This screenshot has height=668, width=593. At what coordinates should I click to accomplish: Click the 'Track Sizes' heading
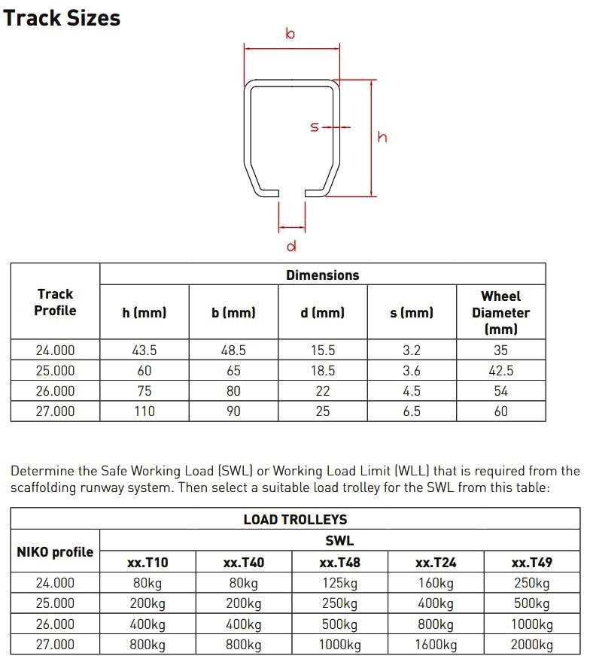click(62, 17)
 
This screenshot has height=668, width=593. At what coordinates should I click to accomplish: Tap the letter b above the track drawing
click(290, 34)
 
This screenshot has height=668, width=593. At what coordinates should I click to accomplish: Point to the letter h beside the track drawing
click(382, 137)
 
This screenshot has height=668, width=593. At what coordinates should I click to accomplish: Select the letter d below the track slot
click(291, 245)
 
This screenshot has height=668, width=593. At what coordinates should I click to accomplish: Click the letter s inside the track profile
click(315, 127)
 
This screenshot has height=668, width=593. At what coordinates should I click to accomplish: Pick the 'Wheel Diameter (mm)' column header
click(500, 312)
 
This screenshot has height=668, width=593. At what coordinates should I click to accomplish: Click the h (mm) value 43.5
click(144, 351)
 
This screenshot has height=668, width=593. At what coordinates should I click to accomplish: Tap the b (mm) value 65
click(233, 371)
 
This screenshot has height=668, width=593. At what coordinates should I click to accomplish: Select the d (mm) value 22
click(322, 391)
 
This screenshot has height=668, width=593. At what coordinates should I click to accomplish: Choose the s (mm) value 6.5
click(411, 411)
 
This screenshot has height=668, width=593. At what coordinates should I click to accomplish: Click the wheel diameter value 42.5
click(500, 371)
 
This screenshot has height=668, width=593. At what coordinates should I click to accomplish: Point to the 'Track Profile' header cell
click(55, 302)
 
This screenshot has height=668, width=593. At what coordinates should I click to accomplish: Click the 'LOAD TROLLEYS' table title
click(295, 520)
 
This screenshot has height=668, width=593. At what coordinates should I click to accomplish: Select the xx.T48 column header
click(339, 562)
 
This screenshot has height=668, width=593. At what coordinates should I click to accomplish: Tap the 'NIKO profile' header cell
click(55, 551)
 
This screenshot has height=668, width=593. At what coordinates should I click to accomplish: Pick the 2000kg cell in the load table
click(531, 645)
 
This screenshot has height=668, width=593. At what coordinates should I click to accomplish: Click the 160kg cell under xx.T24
click(436, 583)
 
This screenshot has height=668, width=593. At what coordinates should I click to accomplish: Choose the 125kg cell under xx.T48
click(339, 583)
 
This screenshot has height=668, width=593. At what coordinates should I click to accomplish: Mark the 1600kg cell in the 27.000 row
click(436, 645)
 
